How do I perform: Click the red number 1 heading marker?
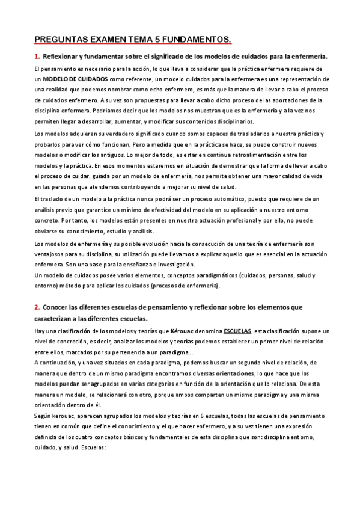click(36, 57)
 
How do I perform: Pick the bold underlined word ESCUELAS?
click(238, 331)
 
